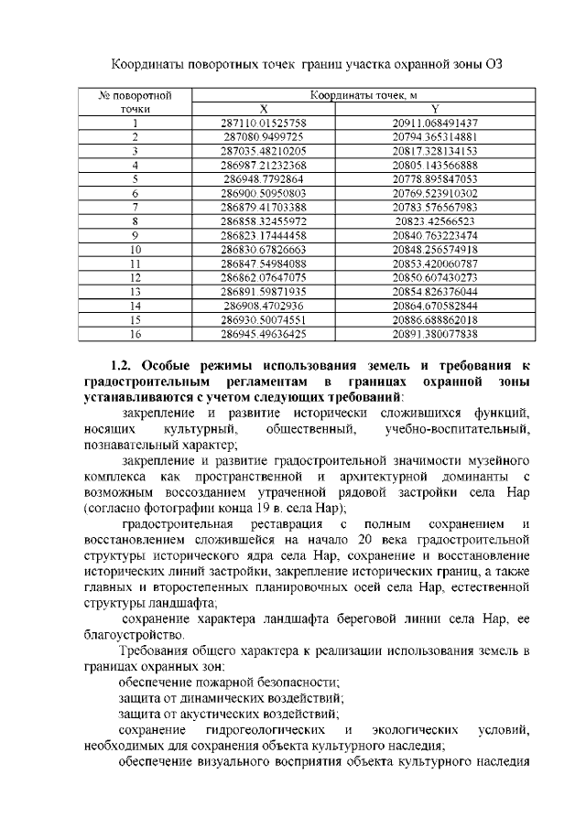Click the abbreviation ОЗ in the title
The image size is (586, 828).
point(494,64)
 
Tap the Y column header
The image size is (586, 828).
point(435,108)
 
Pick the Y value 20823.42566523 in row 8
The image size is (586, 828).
point(435,220)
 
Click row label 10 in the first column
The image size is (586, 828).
point(136,249)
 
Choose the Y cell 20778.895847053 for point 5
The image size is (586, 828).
point(435,178)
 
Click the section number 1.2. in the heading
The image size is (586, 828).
point(125,366)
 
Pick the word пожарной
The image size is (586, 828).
point(232,683)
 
